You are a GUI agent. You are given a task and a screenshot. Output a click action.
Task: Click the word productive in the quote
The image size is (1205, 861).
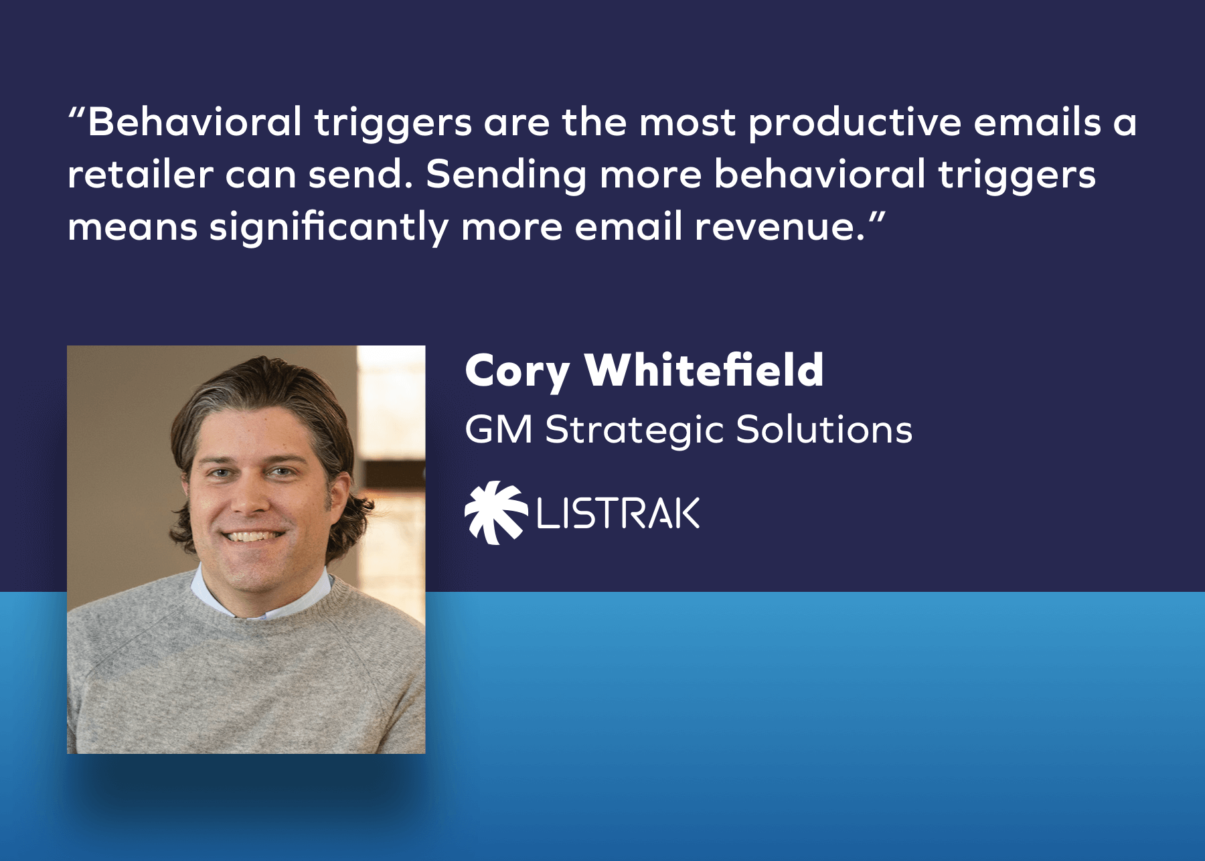point(855,123)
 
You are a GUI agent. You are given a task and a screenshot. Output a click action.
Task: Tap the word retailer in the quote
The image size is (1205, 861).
point(140,175)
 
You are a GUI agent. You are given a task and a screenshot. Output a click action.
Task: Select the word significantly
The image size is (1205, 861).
point(329,227)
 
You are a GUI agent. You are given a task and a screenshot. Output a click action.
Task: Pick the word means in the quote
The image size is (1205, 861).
point(133,228)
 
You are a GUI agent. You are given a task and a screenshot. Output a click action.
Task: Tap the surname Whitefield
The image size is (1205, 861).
point(704,370)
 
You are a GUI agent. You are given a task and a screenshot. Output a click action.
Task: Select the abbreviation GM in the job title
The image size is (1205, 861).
point(499,429)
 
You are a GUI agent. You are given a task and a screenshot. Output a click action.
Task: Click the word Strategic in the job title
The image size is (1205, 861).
point(635,430)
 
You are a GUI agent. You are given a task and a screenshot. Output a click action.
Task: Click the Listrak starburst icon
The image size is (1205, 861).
point(496,512)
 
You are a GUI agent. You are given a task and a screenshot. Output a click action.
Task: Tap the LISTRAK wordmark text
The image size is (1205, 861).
point(618,514)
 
